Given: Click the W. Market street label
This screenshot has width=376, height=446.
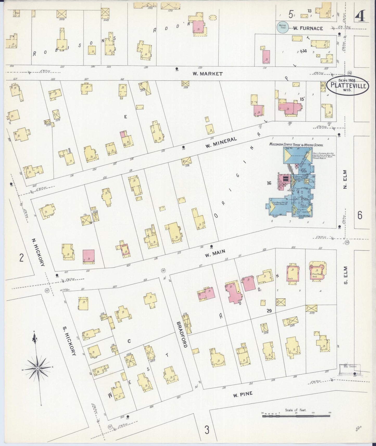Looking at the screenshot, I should pos(207,74).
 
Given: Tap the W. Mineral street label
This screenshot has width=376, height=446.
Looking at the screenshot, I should pos(221,142).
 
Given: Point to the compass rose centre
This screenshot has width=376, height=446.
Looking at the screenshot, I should pos(38,368).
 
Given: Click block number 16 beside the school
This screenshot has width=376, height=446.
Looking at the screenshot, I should pos(269,183).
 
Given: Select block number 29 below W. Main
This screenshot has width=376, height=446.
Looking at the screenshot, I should pos(269,311).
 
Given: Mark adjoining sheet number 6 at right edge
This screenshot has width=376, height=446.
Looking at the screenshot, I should pos(360,215).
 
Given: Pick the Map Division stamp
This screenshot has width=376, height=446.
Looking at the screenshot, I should pos(350,369).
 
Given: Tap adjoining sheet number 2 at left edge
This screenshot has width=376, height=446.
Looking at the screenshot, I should pos(22,258).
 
